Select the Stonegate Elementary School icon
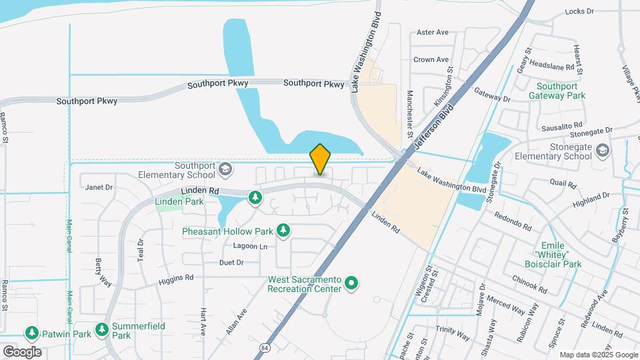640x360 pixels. pos(603,151)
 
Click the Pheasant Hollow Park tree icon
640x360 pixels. pos(283,231)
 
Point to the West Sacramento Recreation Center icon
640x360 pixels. pos(352,284)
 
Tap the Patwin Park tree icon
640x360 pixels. pos(31,331)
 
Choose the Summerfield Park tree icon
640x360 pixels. pos(101,329)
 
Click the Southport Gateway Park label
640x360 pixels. pos(557,91)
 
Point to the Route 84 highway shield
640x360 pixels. pos(265,348)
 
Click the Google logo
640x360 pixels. pos(22,351)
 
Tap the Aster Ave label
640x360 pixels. pos(432,32)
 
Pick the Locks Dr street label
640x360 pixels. pos(579,11)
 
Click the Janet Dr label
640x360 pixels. pos(99,187)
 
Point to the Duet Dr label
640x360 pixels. pos(231,263)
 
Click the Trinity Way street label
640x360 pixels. pos(453,329)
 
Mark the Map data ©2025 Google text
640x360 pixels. pos(598,355)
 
